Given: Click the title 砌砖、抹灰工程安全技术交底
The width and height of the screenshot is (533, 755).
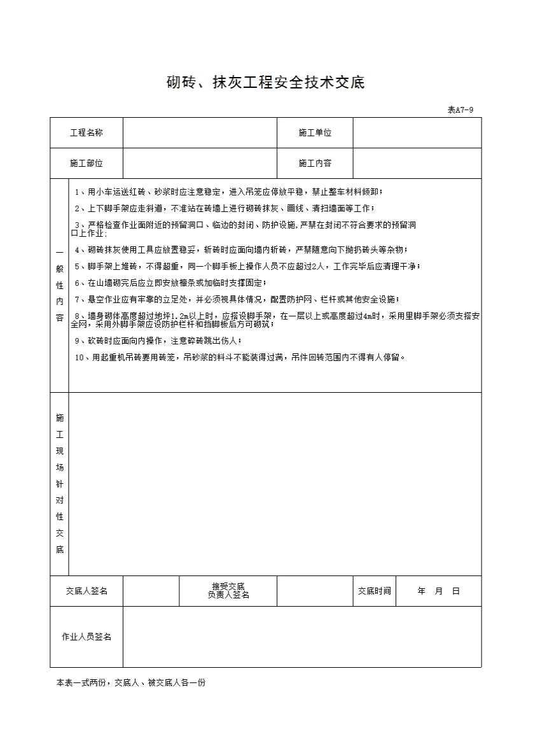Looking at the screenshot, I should (265, 83).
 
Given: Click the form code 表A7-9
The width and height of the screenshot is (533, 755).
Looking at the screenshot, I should (460, 109).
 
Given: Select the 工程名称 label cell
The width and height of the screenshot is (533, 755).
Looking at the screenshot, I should (87, 132).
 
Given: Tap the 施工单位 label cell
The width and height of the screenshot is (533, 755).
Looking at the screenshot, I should (315, 132).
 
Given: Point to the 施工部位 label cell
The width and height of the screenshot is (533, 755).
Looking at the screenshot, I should (87, 163).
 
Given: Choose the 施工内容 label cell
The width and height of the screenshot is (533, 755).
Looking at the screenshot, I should (315, 163).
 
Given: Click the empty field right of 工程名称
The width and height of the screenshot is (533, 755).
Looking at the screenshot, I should (200, 132).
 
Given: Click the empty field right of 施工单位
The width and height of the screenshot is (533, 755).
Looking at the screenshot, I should (417, 132).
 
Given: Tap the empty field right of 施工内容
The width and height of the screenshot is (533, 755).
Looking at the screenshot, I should (417, 163).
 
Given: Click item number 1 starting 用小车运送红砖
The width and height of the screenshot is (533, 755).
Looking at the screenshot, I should (229, 192).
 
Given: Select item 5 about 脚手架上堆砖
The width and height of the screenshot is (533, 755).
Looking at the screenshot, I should (247, 266).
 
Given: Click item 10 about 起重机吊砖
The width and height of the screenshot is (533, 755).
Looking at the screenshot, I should (240, 357).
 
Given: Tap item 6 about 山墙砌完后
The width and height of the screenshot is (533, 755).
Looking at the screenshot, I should (170, 283).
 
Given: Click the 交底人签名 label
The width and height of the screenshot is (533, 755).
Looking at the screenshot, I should (87, 591).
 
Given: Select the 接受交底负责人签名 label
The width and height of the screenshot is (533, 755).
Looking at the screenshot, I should (228, 591).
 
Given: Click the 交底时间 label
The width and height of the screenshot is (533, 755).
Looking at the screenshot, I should (374, 591).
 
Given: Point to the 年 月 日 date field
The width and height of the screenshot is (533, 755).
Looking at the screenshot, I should (438, 591).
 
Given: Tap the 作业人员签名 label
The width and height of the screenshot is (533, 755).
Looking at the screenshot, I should (87, 637).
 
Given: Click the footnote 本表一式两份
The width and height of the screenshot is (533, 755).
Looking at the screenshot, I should (130, 682).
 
